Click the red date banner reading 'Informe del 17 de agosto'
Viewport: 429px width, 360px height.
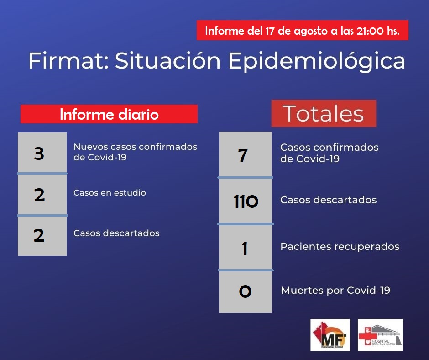coord(302,31)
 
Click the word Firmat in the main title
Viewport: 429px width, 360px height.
coord(69,61)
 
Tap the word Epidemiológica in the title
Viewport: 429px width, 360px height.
coord(317,61)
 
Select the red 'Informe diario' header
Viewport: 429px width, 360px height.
coord(109,114)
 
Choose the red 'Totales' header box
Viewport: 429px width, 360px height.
coord(324,113)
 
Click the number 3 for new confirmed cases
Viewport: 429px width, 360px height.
coord(39,154)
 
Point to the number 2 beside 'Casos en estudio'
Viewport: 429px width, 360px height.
coord(39,195)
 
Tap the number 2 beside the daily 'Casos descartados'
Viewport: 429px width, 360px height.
coord(39,236)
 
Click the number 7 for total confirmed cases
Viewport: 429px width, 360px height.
coord(243,155)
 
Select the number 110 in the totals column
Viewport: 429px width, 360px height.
coord(246,201)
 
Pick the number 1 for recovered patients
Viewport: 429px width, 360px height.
coord(245,249)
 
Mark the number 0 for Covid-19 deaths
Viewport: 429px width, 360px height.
coord(245,291)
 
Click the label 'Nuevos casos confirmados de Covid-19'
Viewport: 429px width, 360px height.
coord(135,152)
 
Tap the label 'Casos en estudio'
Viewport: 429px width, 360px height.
coord(110,193)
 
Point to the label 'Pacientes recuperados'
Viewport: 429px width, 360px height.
coord(340,247)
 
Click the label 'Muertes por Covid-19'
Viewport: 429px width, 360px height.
coord(336,290)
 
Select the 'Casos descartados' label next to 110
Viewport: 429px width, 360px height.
coord(329,200)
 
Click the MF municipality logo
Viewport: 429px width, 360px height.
coord(330,335)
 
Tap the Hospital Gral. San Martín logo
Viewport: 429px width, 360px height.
coord(380,335)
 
